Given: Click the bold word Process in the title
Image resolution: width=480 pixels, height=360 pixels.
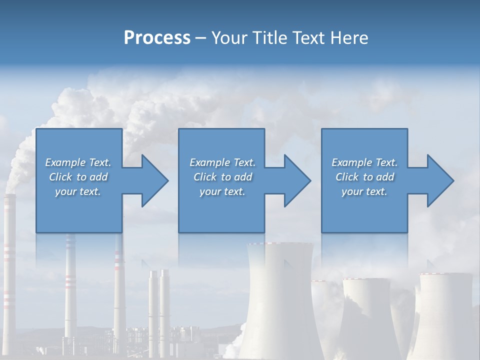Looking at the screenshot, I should (157, 38).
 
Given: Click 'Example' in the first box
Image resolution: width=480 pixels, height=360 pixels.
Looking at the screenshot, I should (65, 162).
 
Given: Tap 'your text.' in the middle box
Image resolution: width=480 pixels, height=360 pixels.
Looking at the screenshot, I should (222, 191).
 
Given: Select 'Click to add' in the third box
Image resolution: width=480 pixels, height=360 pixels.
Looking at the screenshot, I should (365, 177).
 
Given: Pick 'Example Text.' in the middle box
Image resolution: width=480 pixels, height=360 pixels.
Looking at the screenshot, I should (222, 162).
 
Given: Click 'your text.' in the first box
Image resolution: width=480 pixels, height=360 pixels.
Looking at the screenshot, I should (78, 191).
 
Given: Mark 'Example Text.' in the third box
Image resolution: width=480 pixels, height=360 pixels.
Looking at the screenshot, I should (365, 162).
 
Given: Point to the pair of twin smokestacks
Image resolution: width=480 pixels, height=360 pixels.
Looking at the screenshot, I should (159, 305).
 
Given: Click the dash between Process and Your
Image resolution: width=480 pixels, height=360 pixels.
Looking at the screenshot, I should (201, 38).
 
